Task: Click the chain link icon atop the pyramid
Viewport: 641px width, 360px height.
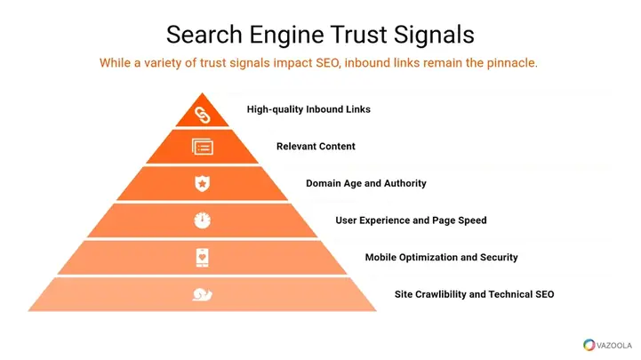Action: [203, 116]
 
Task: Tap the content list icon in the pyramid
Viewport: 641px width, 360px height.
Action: [203, 147]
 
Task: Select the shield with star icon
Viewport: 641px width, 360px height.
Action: [202, 183]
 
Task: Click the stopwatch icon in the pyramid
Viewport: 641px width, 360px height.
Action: [202, 220]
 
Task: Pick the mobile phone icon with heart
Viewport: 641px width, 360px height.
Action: [203, 258]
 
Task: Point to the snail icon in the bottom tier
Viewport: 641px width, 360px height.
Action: [203, 294]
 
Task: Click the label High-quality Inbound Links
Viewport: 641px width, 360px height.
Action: [308, 109]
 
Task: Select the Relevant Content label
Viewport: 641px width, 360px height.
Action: [316, 147]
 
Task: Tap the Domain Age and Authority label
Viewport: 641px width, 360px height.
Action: [366, 183]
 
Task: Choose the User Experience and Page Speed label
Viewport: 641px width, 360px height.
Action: [411, 220]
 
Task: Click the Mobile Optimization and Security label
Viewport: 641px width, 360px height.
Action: [442, 258]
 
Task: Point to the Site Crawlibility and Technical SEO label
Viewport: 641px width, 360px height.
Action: [474, 294]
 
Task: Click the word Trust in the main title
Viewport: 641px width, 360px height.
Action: [358, 35]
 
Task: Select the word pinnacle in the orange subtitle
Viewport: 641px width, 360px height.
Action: [512, 63]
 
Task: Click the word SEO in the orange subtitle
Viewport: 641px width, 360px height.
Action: [328, 63]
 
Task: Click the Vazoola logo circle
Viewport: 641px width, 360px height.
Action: [589, 345]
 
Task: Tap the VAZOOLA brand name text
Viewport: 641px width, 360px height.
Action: [614, 346]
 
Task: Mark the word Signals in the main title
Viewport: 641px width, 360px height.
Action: [434, 36]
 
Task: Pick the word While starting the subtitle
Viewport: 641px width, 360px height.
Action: [115, 63]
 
